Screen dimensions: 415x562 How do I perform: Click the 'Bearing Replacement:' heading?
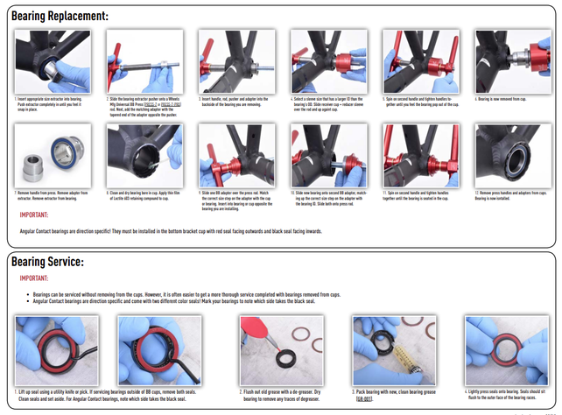(60, 16)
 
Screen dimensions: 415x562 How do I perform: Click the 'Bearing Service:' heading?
(47, 262)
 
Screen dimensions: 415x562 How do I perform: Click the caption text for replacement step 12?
(512, 194)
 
